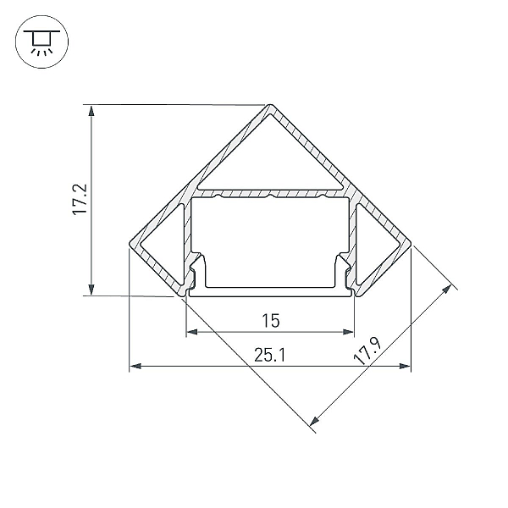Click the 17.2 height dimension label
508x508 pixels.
tap(80, 199)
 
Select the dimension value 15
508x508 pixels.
tap(271, 321)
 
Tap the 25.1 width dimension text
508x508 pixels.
tap(270, 355)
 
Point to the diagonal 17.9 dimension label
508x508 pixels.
tap(368, 351)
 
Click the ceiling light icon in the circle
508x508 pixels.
tap(41, 41)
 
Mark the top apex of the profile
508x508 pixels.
tap(271, 105)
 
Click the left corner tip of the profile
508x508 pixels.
tap(130, 244)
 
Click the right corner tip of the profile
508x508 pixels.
tap(411, 244)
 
